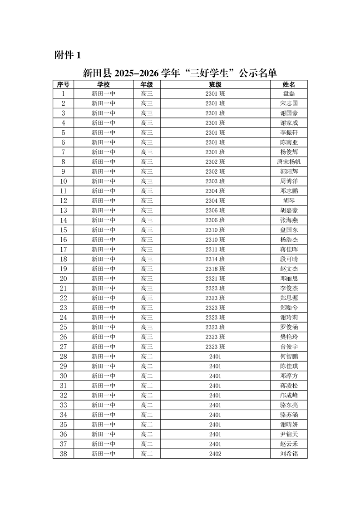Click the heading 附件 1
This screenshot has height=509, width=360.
[67, 55]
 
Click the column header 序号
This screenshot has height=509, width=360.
[63, 84]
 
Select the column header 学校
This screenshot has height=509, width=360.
[104, 84]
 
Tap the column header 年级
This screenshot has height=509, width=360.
[147, 84]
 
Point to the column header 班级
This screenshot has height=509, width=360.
[215, 84]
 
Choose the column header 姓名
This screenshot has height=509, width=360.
[289, 84]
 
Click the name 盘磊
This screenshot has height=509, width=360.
[289, 94]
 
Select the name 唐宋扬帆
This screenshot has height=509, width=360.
[289, 162]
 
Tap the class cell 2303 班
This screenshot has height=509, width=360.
[215, 181]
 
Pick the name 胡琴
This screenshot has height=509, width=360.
[289, 201]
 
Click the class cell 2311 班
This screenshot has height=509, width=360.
[215, 250]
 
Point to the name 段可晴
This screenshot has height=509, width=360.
[289, 259]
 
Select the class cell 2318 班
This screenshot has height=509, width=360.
[215, 269]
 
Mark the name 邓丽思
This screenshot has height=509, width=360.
[289, 279]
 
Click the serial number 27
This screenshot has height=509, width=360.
[63, 347]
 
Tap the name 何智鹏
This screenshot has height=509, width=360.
[289, 357]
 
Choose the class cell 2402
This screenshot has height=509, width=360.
[215, 454]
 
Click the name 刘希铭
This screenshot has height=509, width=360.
[289, 454]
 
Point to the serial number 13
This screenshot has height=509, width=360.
[63, 210]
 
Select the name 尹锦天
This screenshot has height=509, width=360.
[289, 434]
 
